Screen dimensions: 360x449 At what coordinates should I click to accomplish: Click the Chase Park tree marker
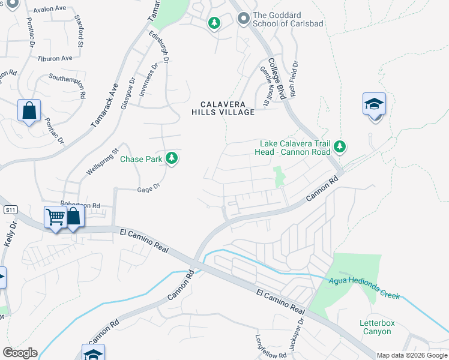[172, 158]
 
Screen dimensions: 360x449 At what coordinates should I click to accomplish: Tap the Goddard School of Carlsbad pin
[243, 20]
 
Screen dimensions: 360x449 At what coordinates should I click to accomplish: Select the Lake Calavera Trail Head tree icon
[340, 146]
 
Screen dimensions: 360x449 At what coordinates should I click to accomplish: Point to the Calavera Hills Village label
[223, 107]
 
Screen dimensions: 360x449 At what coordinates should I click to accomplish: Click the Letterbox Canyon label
[378, 327]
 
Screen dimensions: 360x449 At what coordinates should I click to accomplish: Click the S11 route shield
[10, 210]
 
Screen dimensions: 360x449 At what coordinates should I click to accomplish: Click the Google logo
[20, 352]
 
